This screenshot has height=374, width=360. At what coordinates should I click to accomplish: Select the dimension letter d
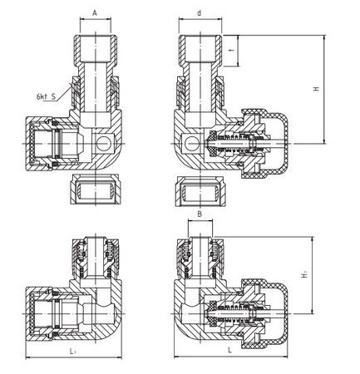(200, 13)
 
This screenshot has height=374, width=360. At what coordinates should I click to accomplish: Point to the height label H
(315, 89)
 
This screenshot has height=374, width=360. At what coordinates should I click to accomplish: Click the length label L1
(73, 353)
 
